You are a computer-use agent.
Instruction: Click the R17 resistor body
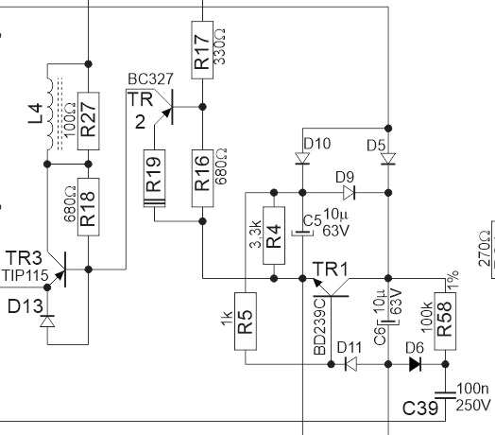coord(202,49)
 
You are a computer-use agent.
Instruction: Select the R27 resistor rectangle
coord(89,121)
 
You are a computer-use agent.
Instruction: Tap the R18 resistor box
coord(89,207)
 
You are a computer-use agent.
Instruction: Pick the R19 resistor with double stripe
coord(154,179)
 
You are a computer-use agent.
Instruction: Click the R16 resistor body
coord(202,179)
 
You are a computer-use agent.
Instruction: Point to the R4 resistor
coord(274,235)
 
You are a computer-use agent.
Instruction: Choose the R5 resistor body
coord(246,322)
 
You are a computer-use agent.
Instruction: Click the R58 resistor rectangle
coord(445,322)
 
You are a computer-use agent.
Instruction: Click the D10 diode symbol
coord(302,158)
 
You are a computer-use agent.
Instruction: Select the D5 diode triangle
coord(388,159)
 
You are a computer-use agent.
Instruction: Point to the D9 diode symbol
coord(350,192)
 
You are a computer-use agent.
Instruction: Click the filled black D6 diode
coord(415,364)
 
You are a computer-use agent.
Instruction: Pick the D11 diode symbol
coord(350,364)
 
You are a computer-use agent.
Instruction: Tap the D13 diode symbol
coord(47,322)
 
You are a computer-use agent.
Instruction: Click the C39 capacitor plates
coord(445,395)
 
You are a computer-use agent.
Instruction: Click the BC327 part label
coord(151,79)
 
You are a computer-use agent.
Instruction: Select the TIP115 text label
coord(26,276)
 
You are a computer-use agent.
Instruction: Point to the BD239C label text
coord(319,326)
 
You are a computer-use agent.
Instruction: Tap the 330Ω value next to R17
coord(220,46)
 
